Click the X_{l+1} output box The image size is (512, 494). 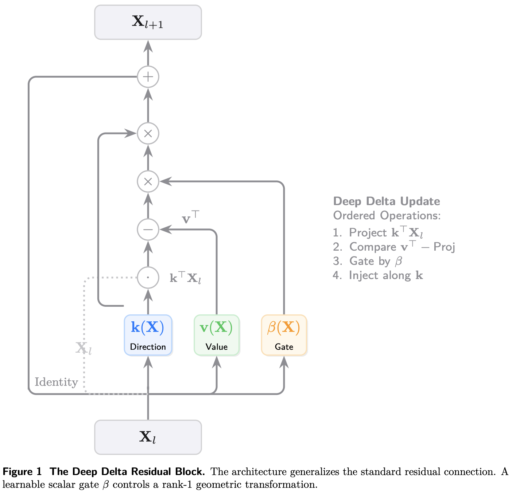148,22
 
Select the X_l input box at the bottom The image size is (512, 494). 148,437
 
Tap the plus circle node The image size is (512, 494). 148,77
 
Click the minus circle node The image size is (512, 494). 148,230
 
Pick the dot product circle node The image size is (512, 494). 148,278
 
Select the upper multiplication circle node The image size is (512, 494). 148,133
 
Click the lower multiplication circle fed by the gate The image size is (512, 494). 148,181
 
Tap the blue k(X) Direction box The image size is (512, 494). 148,335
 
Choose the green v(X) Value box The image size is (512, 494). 217,335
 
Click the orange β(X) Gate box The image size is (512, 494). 284,335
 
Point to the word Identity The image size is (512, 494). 56,382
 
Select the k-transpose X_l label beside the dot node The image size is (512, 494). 185,278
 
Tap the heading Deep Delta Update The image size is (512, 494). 386,201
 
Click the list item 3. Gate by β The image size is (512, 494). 367,261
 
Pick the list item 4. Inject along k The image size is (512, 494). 378,275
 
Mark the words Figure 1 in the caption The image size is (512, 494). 22,472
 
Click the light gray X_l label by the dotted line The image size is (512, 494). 83,348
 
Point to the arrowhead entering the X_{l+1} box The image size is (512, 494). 148,46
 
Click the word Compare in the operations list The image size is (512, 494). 373,247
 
